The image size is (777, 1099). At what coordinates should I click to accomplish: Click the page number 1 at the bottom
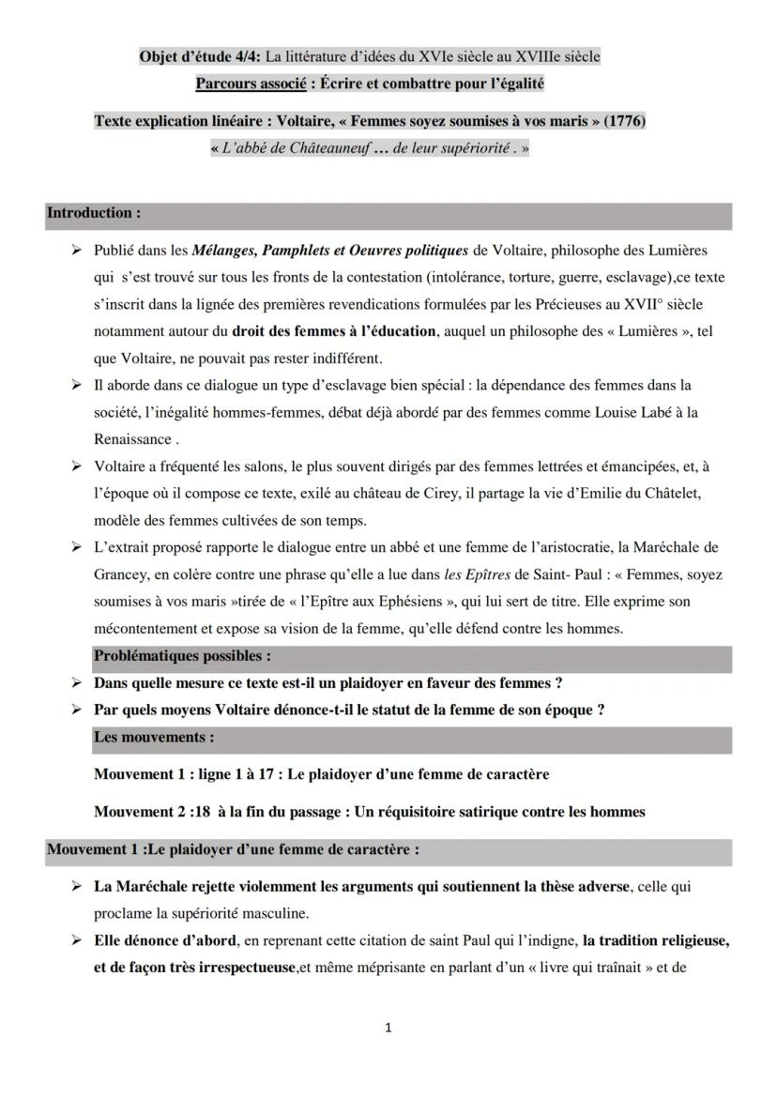(x=388, y=1029)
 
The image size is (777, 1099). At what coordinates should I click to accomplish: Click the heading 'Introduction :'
(x=94, y=213)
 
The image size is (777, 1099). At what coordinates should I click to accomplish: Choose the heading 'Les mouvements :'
(x=154, y=738)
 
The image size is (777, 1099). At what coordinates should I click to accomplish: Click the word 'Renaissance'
(x=132, y=439)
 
